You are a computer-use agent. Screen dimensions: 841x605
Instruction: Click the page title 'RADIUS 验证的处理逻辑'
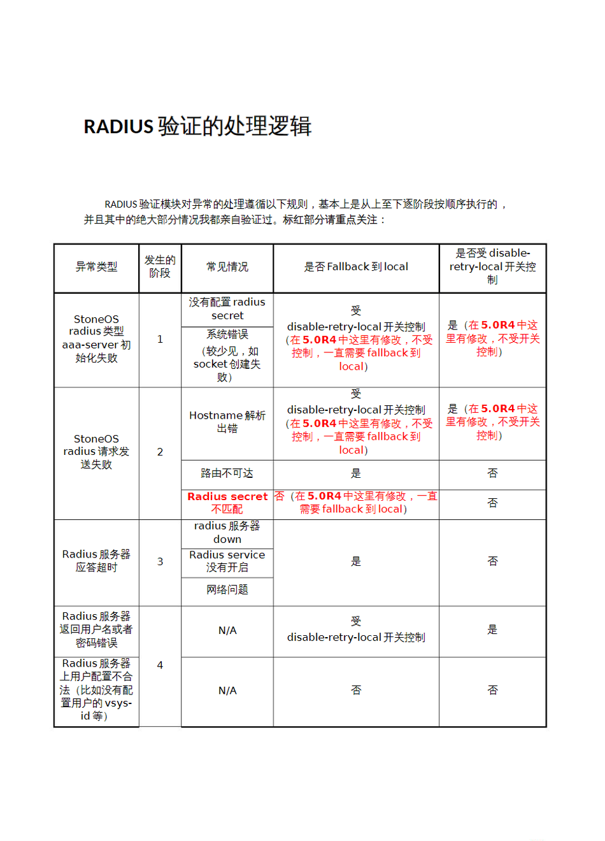coord(197,126)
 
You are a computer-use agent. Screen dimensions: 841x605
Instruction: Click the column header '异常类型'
coord(96,267)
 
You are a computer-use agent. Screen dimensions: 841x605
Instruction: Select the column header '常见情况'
coord(227,267)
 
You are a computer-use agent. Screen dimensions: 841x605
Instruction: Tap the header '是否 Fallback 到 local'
coord(356,267)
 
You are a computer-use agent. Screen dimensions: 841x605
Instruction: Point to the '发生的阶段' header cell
coord(160,267)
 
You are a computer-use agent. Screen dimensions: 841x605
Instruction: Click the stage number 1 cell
coord(160,340)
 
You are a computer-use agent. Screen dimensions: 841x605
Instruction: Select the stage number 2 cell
coord(160,452)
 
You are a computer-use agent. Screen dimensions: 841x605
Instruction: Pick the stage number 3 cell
coord(160,562)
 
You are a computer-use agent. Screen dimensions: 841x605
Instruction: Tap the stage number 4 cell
coord(160,665)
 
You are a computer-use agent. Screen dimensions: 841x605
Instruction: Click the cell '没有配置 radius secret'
coord(227,309)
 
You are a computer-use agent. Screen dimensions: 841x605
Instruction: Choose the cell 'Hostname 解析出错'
coord(227,422)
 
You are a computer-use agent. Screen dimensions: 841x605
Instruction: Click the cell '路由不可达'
coord(227,473)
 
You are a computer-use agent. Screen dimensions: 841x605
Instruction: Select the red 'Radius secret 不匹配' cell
coord(227,503)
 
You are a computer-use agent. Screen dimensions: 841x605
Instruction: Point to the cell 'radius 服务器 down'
coord(227,533)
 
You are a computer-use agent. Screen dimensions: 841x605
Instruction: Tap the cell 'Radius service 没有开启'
coord(227,561)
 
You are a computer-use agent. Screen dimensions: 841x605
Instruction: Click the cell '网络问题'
coord(227,590)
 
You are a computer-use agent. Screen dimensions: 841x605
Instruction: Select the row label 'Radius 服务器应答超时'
coord(96,561)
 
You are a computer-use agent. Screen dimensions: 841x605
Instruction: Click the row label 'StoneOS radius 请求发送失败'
coord(96,452)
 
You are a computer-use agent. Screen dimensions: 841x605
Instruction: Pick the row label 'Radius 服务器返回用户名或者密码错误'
coord(96,629)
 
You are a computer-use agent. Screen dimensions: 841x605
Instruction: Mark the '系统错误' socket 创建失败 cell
coord(227,356)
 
